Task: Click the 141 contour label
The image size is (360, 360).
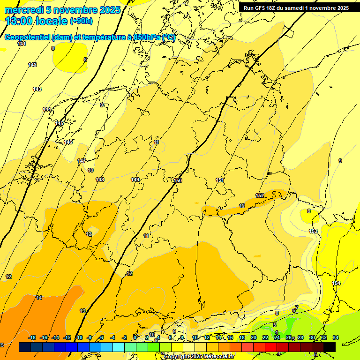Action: point(22,44)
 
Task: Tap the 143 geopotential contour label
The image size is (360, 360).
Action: point(37,89)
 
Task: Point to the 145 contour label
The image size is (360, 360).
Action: point(59,123)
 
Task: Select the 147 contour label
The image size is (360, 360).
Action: point(82,161)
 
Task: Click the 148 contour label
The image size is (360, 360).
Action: point(100,180)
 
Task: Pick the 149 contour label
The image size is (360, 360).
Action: point(135,180)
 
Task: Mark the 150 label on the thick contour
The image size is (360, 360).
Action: point(178,180)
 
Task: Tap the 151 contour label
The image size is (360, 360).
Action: point(220,180)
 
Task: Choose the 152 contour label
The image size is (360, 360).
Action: point(260,195)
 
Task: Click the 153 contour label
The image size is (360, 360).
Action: point(313,231)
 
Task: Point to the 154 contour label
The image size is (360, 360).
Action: point(336,283)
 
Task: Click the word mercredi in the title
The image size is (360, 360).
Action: point(24,10)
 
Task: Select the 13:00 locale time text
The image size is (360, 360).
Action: point(37,21)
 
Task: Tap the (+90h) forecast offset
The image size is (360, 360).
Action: point(81,21)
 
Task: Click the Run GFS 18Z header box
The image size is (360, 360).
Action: point(296,8)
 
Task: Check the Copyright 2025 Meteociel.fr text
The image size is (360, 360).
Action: point(199,356)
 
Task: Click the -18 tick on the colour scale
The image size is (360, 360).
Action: point(32,337)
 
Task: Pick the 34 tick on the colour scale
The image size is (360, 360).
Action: point(335,337)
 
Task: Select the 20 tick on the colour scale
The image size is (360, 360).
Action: point(254,337)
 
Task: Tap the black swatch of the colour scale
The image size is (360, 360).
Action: point(329,347)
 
